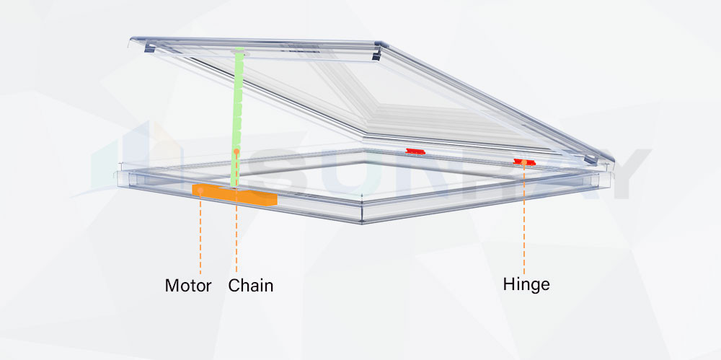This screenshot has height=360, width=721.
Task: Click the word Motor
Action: pyautogui.click(x=188, y=285)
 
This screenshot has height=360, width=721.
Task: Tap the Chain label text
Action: pyautogui.click(x=251, y=285)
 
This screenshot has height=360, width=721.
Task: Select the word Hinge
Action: pyautogui.click(x=526, y=284)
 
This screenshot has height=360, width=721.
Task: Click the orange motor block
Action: pyautogui.click(x=234, y=193)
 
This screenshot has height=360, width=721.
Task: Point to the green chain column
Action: pyautogui.click(x=236, y=115)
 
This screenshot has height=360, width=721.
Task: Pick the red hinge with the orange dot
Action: pyautogui.click(x=525, y=161)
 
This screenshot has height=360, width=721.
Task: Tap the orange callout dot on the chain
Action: pyautogui.click(x=236, y=152)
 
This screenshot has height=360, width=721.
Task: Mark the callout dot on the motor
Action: pyautogui.click(x=200, y=190)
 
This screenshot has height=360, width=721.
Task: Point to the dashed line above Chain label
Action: pyautogui.click(x=236, y=238)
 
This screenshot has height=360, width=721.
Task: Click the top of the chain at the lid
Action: pyautogui.click(x=237, y=52)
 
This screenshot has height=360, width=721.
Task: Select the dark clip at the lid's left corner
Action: pyautogui.click(x=149, y=48)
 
